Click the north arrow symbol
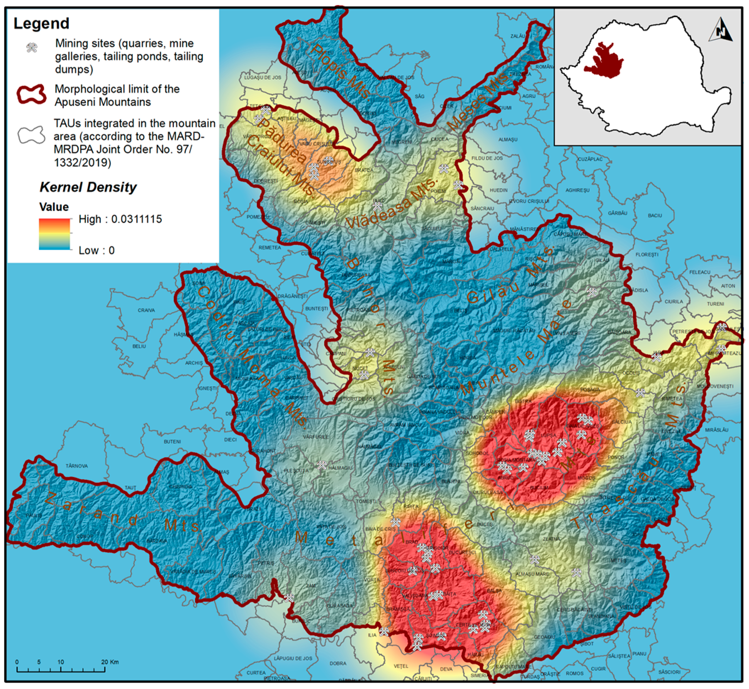click(x=721, y=30)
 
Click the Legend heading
click(x=42, y=23)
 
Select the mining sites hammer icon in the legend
click(x=32, y=48)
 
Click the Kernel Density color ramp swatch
click(x=54, y=234)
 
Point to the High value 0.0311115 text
click(x=120, y=219)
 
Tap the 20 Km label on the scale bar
click(x=110, y=662)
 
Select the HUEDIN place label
click(x=499, y=190)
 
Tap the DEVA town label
click(x=446, y=669)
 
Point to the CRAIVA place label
click(x=146, y=310)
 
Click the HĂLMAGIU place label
click(x=340, y=468)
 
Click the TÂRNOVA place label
click(x=77, y=466)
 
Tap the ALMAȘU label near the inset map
click(x=508, y=139)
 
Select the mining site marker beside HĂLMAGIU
click(x=322, y=465)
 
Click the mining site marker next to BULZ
click(x=378, y=206)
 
